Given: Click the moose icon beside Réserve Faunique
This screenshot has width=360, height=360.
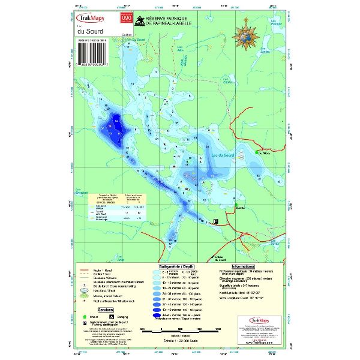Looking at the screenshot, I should pyautogui.click(x=139, y=20).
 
